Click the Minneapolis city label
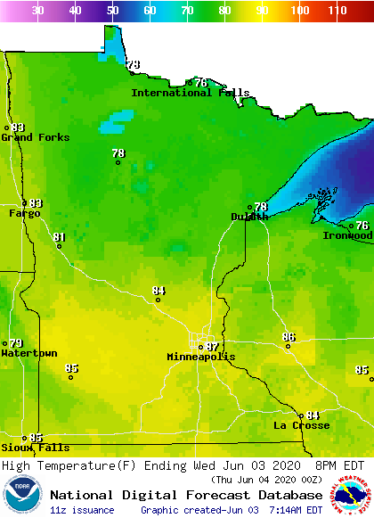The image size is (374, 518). coord(201,357)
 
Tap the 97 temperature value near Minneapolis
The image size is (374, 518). coord(212,347)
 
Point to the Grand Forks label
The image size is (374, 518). coord(29,137)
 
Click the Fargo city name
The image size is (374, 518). coord(25,213)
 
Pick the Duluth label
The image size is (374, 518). coord(249,217)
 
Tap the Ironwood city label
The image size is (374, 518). coord(347,235)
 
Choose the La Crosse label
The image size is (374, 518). coord(302,425)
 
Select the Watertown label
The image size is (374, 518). coord(29,353)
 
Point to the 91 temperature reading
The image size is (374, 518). coord(60,237)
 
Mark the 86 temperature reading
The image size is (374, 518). coord(289,337)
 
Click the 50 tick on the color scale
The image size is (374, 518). coord(112,11)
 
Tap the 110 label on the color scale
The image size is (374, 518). coord(336,11)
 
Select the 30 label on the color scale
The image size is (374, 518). coord(38,11)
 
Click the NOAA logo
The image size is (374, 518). coord(22,495)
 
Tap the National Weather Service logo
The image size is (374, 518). coord(353,495)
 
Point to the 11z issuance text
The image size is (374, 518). coord(82,510)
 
